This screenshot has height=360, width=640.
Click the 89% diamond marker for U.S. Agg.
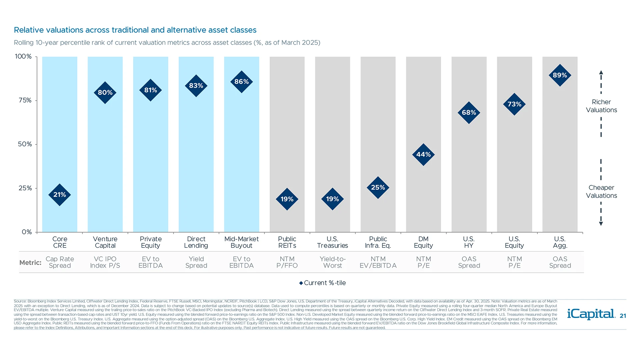(x=560, y=75)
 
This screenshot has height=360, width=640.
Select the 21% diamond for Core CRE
(x=60, y=195)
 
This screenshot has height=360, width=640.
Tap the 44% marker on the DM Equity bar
(x=423, y=155)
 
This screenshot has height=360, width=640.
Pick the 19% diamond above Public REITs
(x=287, y=199)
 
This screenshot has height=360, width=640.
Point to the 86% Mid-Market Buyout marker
(x=242, y=82)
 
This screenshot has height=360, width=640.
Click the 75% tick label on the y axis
(x=25, y=100)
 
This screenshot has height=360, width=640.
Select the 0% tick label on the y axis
(x=27, y=232)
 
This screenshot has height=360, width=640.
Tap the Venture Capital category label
(x=105, y=242)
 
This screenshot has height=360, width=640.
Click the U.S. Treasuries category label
(x=332, y=242)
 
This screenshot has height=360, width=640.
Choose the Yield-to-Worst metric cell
(x=332, y=262)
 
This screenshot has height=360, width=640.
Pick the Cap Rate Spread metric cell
(x=60, y=262)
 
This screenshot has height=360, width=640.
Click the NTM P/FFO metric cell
(x=287, y=262)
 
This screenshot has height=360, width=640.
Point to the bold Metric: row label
(x=30, y=263)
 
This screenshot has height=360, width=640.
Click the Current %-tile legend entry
(x=323, y=283)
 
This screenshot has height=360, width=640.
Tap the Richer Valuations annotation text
(x=601, y=106)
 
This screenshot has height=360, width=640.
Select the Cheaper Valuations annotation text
(x=601, y=192)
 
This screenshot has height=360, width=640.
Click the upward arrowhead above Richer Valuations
(x=601, y=72)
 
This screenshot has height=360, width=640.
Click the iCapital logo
(x=591, y=314)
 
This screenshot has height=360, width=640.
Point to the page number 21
(x=623, y=316)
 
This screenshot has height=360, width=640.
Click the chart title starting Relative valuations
(x=135, y=30)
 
